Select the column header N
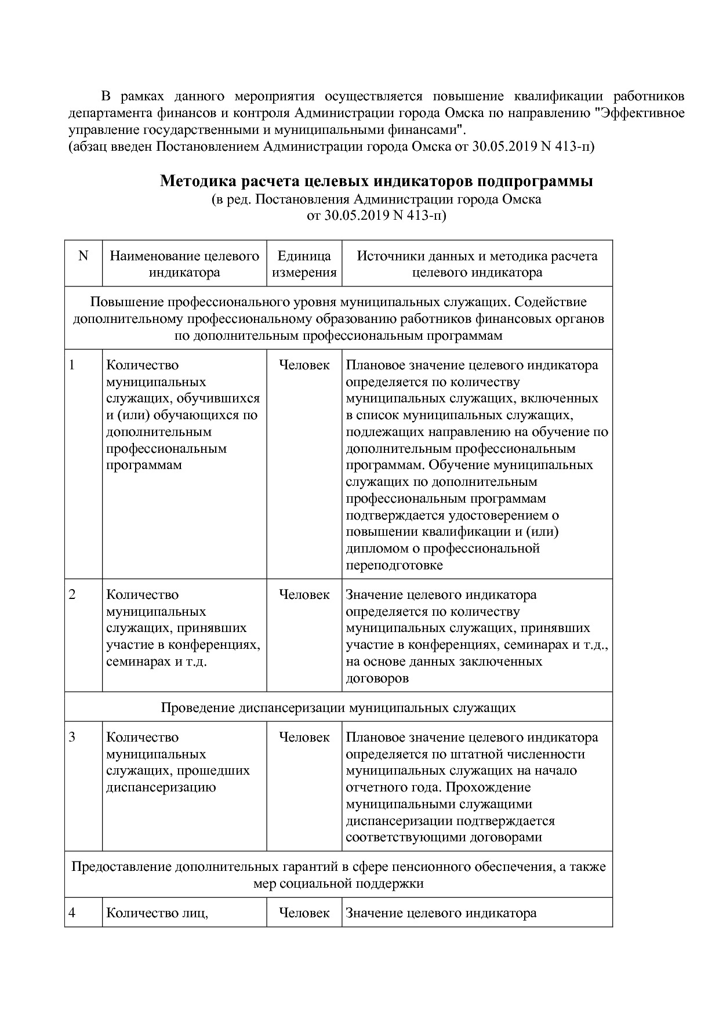click(83, 256)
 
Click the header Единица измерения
click(304, 264)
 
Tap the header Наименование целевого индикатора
click(184, 264)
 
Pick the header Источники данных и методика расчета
click(477, 256)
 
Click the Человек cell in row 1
click(304, 365)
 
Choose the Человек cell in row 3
click(304, 738)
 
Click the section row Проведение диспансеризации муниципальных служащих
click(338, 708)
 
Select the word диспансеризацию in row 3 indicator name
click(161, 787)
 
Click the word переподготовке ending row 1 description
click(394, 565)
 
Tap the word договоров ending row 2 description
click(377, 678)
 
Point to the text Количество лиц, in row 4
click(157, 913)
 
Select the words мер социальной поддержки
click(338, 884)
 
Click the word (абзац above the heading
click(86, 146)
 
